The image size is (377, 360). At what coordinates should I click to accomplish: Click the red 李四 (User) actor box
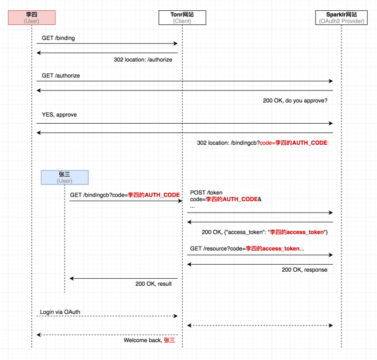32,17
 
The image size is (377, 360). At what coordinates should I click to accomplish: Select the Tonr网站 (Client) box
182,17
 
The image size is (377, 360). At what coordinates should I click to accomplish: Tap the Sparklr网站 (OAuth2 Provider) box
341,17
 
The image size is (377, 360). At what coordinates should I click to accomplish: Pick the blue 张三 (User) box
65,178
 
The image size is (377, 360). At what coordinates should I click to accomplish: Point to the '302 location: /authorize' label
143,60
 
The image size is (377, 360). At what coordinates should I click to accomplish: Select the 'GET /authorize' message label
61,76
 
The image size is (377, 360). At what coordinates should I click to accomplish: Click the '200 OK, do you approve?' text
295,101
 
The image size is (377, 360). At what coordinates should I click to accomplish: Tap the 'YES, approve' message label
59,115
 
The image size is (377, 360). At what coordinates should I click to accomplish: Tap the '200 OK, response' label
304,270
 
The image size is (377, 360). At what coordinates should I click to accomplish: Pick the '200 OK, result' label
153,284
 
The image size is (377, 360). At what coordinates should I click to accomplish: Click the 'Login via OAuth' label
60,312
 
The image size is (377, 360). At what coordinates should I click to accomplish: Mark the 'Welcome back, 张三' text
149,340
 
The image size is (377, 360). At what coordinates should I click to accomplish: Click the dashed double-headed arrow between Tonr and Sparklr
260,326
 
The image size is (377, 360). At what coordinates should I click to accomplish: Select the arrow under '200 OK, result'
124,278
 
